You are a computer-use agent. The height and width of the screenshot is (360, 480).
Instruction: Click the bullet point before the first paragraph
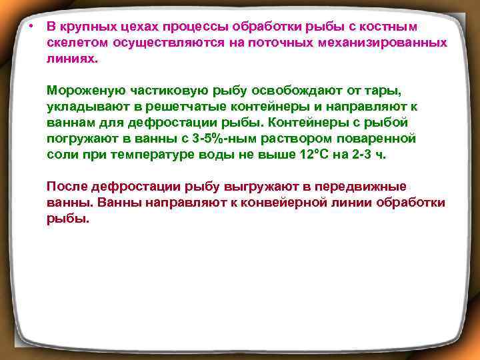tap(31, 27)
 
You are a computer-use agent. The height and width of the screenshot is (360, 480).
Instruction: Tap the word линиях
tap(71, 59)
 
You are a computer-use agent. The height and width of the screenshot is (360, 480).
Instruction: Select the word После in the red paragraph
tap(65, 187)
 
